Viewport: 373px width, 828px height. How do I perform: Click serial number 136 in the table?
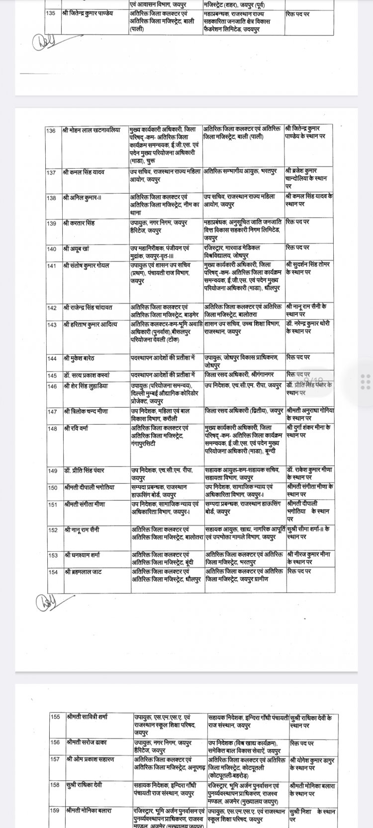click(51, 131)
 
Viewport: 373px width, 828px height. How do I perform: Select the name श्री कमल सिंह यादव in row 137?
click(84, 172)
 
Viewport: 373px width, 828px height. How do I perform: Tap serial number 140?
click(52, 249)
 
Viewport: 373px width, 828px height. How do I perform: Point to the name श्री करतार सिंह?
click(79, 223)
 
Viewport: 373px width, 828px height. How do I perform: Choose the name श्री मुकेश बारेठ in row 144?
click(79, 358)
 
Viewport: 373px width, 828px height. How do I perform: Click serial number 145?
click(52, 376)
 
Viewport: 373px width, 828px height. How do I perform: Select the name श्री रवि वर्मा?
click(76, 428)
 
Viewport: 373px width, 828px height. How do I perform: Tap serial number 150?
click(53, 488)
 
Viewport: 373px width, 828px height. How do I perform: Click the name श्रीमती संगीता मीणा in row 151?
click(85, 504)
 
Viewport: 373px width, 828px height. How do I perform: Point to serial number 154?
click(53, 572)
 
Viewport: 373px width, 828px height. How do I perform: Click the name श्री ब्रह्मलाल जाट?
click(83, 572)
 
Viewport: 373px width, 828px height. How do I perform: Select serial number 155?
click(55, 717)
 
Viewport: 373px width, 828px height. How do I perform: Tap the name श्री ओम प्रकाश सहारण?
click(90, 759)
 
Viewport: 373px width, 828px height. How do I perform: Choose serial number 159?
click(55, 811)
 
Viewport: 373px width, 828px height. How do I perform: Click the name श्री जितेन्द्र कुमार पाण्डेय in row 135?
click(88, 13)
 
